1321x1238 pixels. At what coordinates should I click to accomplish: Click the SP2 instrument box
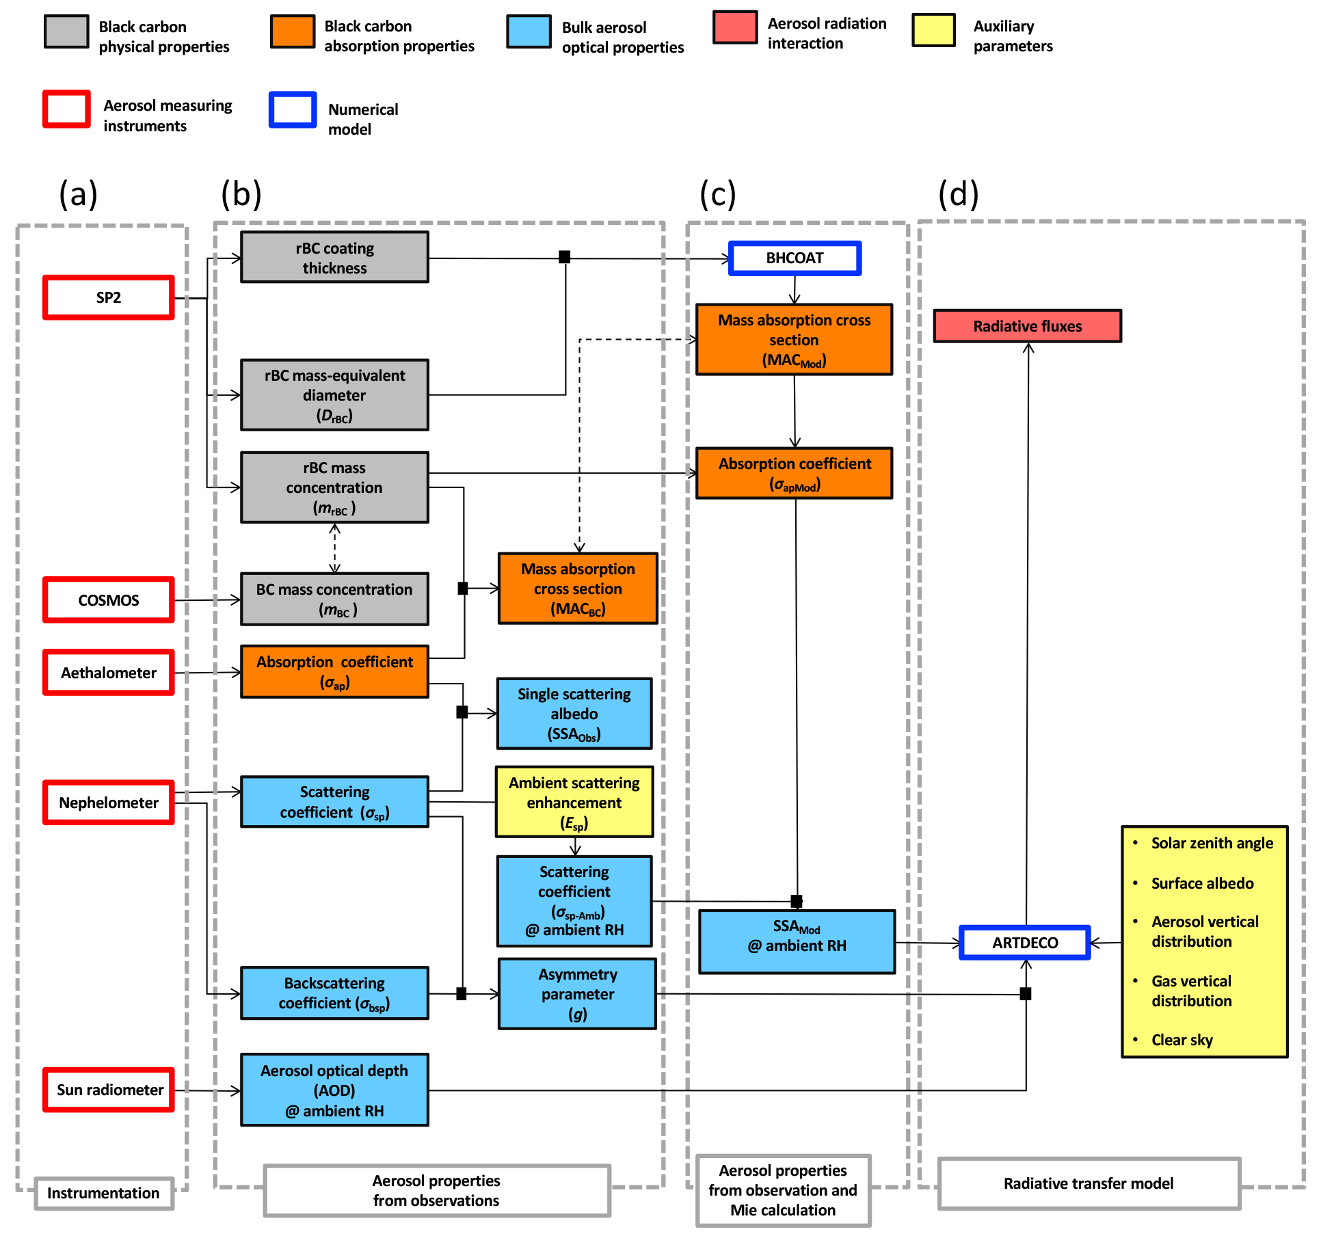tap(109, 297)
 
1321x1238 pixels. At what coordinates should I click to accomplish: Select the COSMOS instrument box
tap(109, 600)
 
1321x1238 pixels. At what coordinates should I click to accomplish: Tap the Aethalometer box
tap(109, 673)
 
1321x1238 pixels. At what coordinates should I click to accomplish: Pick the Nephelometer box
tap(109, 803)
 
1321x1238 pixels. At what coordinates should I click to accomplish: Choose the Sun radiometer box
tap(109, 1090)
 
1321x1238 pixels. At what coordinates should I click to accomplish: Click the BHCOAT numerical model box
tap(795, 258)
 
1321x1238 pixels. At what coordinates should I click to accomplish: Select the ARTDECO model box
tap(1025, 943)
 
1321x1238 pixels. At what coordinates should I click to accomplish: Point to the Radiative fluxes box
tap(1027, 326)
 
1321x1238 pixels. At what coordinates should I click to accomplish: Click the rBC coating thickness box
tap(334, 258)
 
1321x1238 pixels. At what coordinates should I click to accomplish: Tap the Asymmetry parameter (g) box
tap(577, 994)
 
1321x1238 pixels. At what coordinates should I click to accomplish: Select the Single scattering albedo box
tap(574, 714)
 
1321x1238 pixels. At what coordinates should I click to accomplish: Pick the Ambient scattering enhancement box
tap(574, 803)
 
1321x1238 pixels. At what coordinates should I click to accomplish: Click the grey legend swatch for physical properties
tap(66, 31)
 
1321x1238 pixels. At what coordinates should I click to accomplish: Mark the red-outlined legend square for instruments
tap(66, 109)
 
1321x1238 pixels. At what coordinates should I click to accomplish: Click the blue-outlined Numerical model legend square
tap(293, 110)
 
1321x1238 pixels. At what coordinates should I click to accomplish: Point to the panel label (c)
tap(717, 194)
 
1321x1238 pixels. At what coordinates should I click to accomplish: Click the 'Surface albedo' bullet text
tap(1202, 883)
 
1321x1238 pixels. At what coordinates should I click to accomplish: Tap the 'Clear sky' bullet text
tap(1182, 1040)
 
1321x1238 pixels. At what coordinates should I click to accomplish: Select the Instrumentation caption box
tap(103, 1193)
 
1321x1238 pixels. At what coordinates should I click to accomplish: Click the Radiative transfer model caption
tap(1088, 1183)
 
